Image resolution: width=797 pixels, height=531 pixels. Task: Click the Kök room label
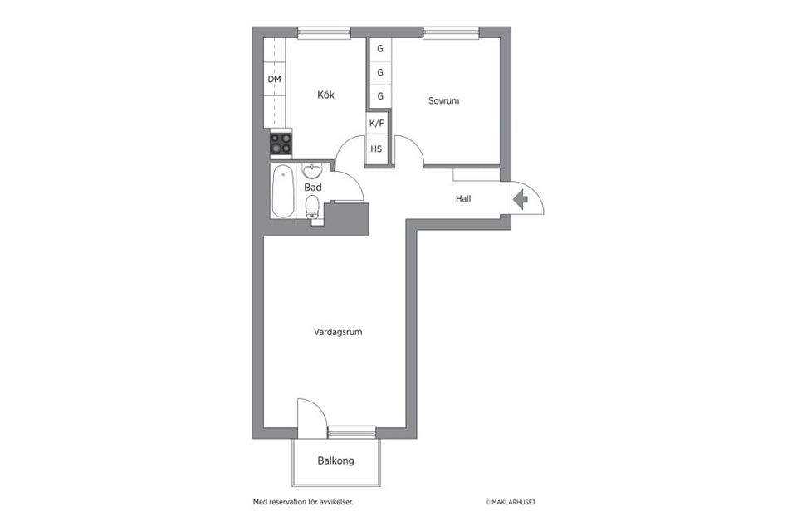tap(325, 95)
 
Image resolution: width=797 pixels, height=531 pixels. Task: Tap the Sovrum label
tap(443, 101)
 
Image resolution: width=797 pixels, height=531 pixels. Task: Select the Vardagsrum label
tap(338, 332)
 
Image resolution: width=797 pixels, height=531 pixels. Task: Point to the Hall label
tap(463, 199)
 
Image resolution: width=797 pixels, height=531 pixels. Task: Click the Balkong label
tap(335, 460)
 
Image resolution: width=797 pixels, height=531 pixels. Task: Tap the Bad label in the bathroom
tap(313, 188)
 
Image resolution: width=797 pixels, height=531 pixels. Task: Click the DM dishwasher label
tap(274, 80)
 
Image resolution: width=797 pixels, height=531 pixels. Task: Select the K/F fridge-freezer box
tap(377, 123)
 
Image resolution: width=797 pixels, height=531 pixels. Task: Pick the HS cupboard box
tap(377, 149)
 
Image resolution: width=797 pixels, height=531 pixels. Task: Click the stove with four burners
tap(281, 144)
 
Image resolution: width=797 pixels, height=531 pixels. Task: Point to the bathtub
tap(283, 192)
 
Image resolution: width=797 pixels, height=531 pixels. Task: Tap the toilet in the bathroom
tap(313, 208)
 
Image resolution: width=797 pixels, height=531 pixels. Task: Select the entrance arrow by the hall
tap(521, 199)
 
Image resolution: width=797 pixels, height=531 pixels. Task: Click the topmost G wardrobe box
tap(380, 48)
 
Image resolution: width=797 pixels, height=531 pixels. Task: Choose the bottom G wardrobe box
tap(380, 96)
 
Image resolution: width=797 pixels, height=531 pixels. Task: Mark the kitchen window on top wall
tap(324, 33)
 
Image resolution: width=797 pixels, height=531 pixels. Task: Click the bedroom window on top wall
tap(451, 33)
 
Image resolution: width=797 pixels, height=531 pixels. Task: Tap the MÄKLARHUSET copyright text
tap(516, 502)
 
